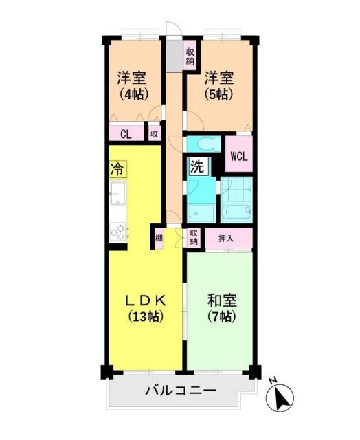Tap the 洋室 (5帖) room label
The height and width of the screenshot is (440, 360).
tap(219, 87)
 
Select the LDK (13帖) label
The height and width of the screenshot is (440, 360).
tap(146, 309)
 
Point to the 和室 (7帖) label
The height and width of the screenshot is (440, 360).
tap(221, 309)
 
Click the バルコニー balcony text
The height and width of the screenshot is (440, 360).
tap(180, 390)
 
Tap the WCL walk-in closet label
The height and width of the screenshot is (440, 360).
tap(238, 155)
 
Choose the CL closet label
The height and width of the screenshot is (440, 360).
tap(126, 135)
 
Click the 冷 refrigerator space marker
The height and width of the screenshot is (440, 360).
tap(117, 167)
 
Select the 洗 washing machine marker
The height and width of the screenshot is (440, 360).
tap(196, 166)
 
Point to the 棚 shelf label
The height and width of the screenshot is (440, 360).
tap(159, 238)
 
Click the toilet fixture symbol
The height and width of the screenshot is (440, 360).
tap(203, 144)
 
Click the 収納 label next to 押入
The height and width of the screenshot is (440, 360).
tap(194, 238)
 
